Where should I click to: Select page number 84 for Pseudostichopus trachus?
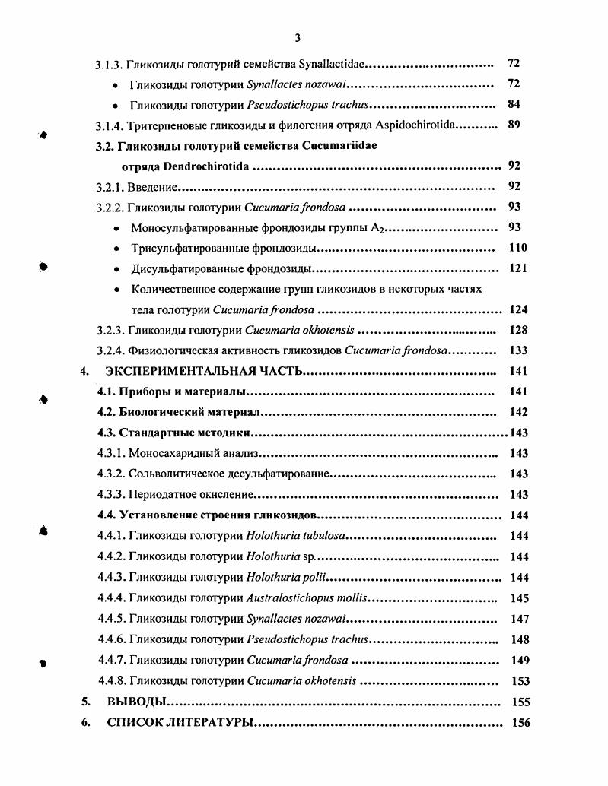(x=514, y=105)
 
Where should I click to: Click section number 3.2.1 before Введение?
(x=112, y=187)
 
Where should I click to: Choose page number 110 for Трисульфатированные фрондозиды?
(x=517, y=248)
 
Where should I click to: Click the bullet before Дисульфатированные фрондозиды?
(x=115, y=269)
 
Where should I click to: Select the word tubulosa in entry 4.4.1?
(x=324, y=536)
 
